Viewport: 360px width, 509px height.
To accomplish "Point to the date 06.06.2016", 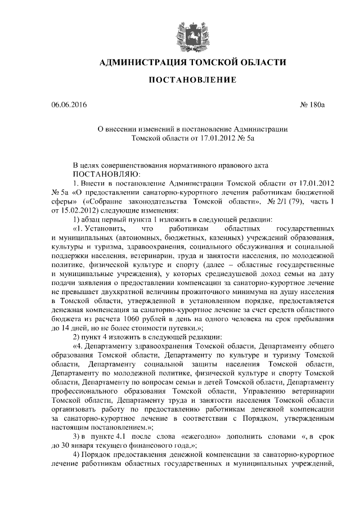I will point(67,105).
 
